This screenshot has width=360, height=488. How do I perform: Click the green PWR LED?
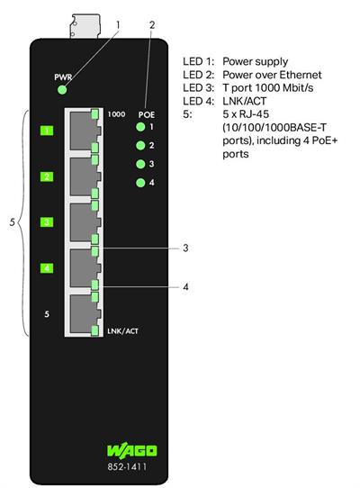pos(61,89)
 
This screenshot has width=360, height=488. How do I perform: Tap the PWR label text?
pos(61,77)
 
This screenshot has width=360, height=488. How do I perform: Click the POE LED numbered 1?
pos(139,127)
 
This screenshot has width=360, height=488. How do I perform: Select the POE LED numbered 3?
pos(139,164)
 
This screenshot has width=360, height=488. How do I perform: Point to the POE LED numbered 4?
pos(139,183)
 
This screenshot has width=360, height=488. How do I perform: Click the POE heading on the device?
pos(147,115)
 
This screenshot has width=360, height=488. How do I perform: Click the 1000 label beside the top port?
pos(116,114)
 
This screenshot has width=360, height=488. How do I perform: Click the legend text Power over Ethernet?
pos(272,75)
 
